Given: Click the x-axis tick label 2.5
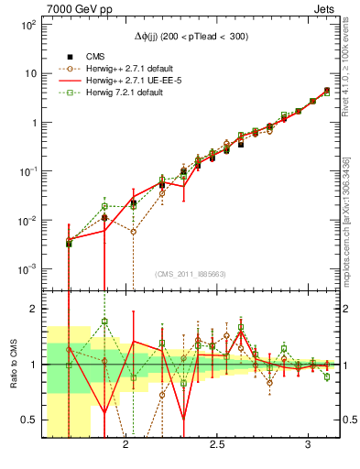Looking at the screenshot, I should coord(217,444).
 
